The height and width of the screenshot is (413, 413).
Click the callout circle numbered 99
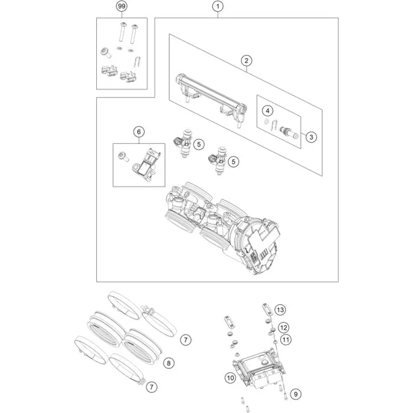click(122, 6)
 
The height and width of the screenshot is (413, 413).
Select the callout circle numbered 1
click(218, 6)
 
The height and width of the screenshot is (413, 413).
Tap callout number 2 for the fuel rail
click(246, 61)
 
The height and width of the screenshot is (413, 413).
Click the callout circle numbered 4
click(268, 111)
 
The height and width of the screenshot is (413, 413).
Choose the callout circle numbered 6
click(139, 132)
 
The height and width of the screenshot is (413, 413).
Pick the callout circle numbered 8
click(169, 363)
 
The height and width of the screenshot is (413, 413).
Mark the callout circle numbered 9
click(296, 394)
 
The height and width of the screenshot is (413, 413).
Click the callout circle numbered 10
click(230, 378)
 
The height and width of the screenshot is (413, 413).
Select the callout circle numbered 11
click(286, 340)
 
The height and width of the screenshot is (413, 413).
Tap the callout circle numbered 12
click(283, 327)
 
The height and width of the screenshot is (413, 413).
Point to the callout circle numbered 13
click(280, 310)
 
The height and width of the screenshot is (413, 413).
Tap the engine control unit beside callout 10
click(258, 368)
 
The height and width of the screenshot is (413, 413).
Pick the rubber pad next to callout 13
click(267, 309)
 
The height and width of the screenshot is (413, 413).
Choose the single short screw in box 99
click(106, 53)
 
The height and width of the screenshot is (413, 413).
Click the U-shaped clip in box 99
click(137, 62)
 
